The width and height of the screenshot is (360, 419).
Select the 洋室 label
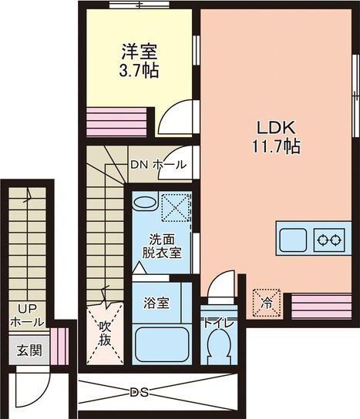point(140,52)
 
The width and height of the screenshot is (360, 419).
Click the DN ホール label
point(156,165)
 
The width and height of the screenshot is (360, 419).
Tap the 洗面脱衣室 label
point(162,246)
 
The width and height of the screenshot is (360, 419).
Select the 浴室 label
point(157,301)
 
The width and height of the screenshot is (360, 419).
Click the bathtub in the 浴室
point(161,344)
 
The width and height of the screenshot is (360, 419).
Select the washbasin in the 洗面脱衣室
point(144,203)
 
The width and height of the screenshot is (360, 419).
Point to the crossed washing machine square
point(177,206)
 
